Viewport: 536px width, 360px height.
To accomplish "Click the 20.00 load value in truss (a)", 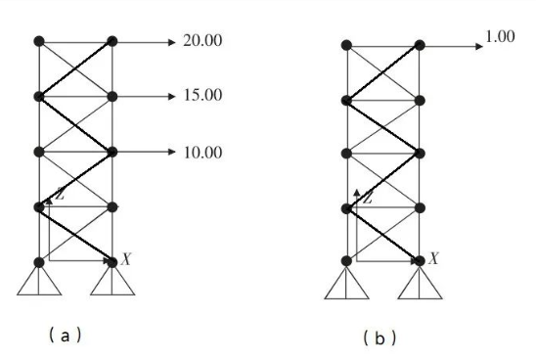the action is point(202,41).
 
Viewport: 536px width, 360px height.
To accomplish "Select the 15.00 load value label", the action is point(203,95).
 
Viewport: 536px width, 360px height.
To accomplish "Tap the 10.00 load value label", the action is point(203,153).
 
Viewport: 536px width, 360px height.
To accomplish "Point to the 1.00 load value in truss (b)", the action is point(500,36).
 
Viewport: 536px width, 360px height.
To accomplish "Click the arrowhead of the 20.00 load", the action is point(171,42).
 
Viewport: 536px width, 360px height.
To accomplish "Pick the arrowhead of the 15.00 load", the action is point(171,97).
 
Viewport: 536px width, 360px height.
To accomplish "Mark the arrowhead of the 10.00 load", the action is point(171,152).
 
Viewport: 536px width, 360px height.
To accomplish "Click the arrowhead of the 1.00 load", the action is point(479,46).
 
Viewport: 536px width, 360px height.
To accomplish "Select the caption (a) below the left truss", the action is point(66,336).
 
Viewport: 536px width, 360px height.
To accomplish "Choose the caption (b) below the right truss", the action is point(380,338).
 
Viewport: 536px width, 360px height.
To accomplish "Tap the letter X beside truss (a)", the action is point(126,259).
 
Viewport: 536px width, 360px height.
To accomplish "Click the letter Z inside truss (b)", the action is point(368,198).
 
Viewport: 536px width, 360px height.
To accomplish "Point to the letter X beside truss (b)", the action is point(433,258).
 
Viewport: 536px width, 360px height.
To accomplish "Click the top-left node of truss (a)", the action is point(39,41).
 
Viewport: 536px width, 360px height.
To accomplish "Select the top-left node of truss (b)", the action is point(346,45).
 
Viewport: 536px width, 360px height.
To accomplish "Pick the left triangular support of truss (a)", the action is point(39,281).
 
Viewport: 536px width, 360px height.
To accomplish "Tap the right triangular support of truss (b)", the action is point(420,283).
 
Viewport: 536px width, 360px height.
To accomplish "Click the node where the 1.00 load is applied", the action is point(420,45).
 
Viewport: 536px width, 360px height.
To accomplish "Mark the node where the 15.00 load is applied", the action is point(112,97).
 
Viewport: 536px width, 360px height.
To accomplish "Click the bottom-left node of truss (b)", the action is point(346,261).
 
